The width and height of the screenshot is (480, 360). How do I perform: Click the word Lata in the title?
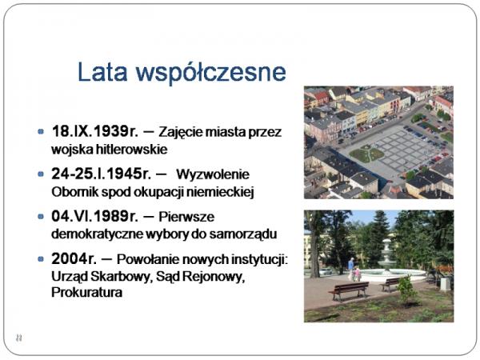click(x=102, y=72)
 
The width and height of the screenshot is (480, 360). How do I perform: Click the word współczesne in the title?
click(x=211, y=74)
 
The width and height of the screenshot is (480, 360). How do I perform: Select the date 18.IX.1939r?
click(x=95, y=131)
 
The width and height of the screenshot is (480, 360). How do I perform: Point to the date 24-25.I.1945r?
click(x=102, y=174)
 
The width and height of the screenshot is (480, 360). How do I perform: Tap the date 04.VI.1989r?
click(x=95, y=216)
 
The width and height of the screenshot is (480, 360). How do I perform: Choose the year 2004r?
click(x=74, y=258)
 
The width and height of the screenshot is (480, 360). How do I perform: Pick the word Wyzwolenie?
click(x=213, y=174)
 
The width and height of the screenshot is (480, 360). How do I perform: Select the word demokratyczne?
click(x=97, y=234)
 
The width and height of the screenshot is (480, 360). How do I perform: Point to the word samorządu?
click(x=243, y=234)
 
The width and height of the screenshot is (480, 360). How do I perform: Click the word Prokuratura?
click(x=87, y=292)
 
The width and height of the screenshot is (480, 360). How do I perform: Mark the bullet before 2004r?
click(x=41, y=259)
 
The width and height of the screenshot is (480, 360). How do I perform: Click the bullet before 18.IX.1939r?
click(x=41, y=132)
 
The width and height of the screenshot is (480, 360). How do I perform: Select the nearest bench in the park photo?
click(x=350, y=290)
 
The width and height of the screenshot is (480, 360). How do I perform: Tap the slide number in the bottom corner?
click(x=18, y=338)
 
